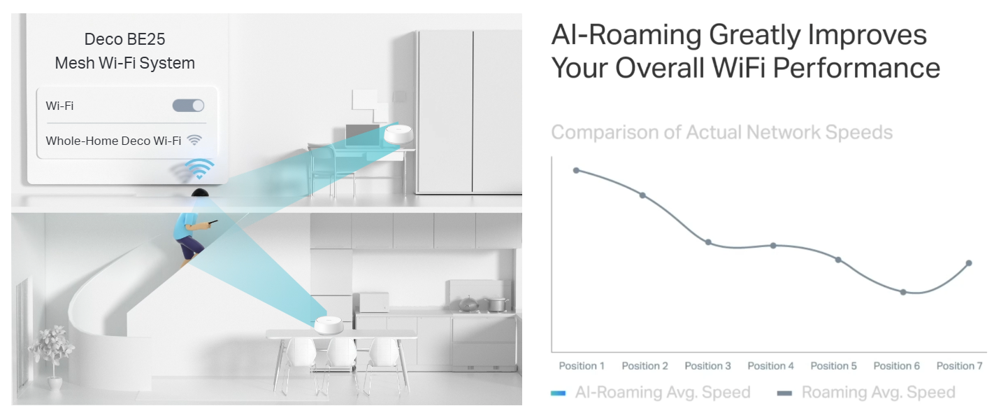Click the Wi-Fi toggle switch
(x=188, y=106)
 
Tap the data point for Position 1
(x=576, y=170)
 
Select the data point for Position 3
(x=708, y=242)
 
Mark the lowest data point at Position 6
(x=903, y=292)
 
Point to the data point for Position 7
(x=969, y=262)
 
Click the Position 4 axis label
(x=770, y=366)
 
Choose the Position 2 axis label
(x=645, y=366)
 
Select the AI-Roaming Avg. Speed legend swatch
(x=558, y=393)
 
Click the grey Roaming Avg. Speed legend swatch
(x=784, y=393)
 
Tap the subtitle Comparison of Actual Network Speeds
(x=722, y=132)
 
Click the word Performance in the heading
(x=856, y=68)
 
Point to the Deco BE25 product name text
(x=124, y=39)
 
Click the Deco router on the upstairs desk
(x=398, y=134)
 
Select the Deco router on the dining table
(x=329, y=325)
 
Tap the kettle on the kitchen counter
(x=468, y=304)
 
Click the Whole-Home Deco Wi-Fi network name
(x=113, y=141)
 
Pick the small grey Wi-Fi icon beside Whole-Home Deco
(x=194, y=140)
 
